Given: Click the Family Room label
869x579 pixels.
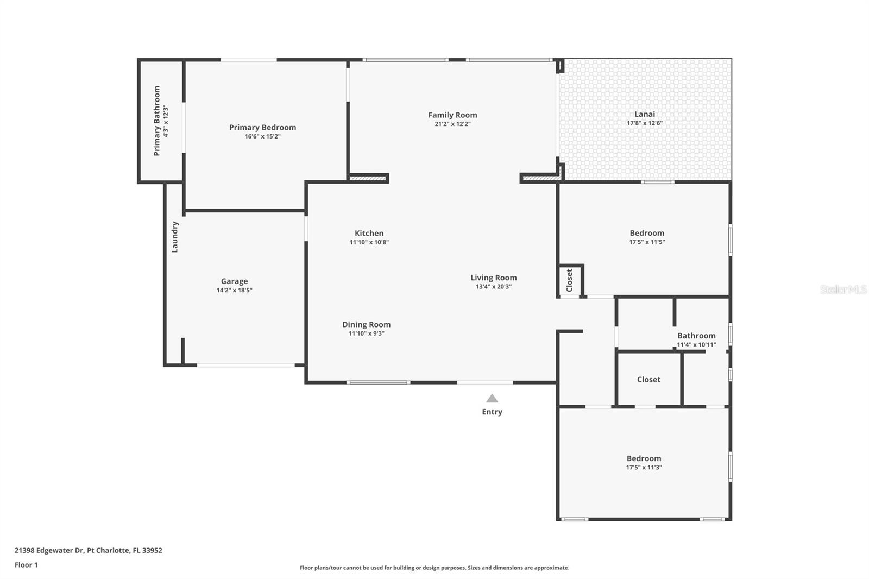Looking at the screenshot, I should click(452, 115).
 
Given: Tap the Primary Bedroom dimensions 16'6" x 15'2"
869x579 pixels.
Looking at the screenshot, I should click(262, 136).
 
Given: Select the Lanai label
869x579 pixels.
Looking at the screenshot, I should click(645, 114).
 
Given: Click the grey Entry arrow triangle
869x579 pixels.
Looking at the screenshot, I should click(492, 399).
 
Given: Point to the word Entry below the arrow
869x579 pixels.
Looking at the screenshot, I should click(492, 412).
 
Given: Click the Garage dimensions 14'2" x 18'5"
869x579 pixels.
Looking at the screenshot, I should click(234, 290).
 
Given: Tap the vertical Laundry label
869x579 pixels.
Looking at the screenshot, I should click(175, 237).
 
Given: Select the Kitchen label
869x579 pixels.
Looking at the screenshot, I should click(369, 233).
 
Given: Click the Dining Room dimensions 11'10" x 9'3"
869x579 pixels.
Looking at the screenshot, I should click(366, 333).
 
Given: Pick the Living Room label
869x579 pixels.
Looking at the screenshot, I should click(493, 278).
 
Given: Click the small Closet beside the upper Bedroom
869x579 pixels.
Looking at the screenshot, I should click(570, 280).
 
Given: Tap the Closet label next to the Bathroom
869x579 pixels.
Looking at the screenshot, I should click(648, 380).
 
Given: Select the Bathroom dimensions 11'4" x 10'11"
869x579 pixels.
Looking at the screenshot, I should click(696, 344).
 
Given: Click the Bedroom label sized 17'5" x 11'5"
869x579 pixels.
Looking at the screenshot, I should click(647, 233).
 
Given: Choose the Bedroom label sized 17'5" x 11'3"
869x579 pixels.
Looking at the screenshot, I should click(644, 458).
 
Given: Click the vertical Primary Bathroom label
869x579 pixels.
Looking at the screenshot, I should click(157, 121).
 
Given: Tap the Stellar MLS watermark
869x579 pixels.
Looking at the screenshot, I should click(843, 290).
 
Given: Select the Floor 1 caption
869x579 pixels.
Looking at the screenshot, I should click(26, 565).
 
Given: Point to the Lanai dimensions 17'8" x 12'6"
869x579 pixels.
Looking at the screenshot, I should click(645, 123).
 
